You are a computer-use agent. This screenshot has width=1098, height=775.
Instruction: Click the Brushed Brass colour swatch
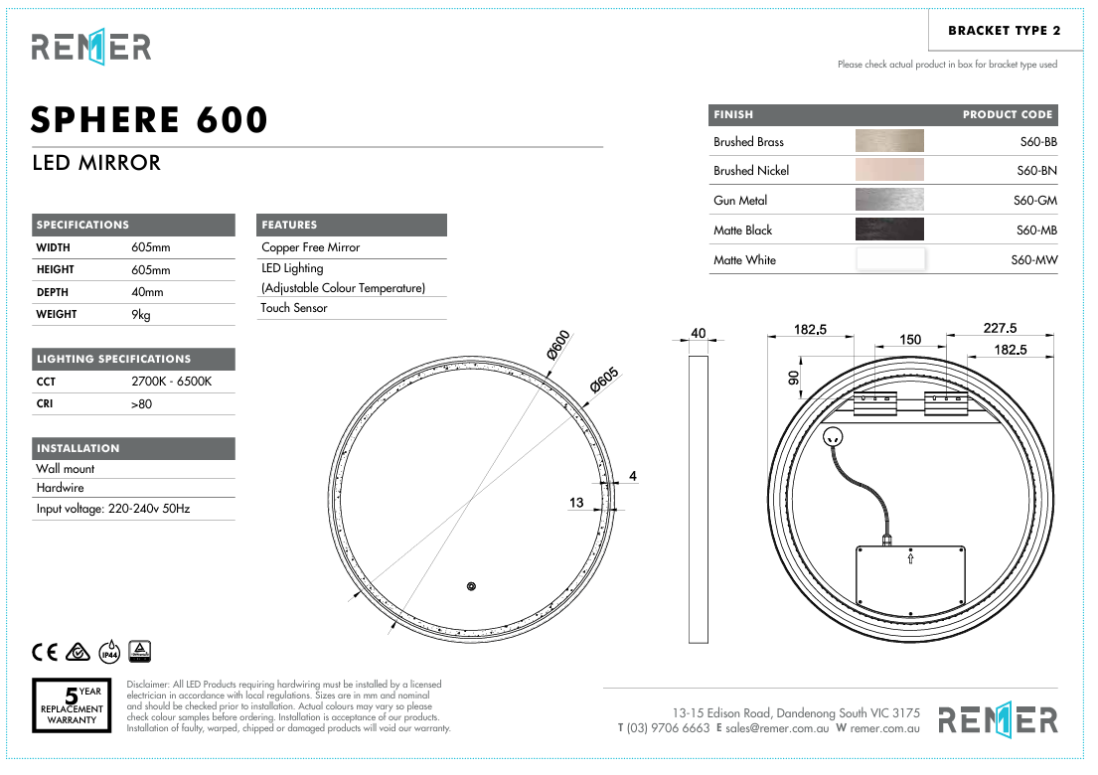click(889, 141)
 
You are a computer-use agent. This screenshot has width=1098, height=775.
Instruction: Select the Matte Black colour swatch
click(889, 230)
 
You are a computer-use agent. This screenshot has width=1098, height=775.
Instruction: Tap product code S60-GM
click(1034, 201)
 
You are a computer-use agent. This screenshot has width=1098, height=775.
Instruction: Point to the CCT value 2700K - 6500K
click(172, 382)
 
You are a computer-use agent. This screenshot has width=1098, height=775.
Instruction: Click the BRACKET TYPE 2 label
click(1004, 31)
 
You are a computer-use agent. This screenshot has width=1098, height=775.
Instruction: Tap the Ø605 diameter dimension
click(603, 382)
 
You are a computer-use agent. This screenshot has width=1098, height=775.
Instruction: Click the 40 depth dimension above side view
click(698, 333)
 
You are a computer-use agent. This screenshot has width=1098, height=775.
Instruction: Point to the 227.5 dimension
click(1000, 329)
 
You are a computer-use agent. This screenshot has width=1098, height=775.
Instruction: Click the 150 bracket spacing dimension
click(910, 340)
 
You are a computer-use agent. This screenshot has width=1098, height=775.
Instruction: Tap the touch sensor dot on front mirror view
click(473, 585)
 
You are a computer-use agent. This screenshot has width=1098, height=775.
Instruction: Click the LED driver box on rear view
click(910, 578)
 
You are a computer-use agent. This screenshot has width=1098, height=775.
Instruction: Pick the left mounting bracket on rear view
click(876, 403)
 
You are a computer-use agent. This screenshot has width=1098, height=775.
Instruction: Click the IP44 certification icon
click(109, 652)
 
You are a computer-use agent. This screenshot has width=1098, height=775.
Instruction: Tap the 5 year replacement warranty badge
click(73, 705)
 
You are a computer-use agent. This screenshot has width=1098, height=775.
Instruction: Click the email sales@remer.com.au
click(777, 728)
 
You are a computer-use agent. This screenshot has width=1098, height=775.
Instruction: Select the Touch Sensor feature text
click(294, 308)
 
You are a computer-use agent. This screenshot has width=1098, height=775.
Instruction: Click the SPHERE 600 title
click(150, 120)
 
